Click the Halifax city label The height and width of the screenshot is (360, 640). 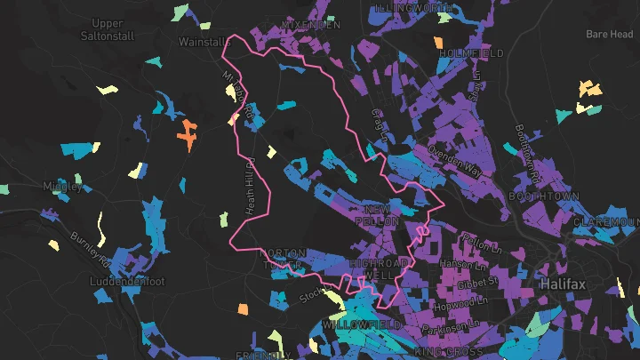point(566,284)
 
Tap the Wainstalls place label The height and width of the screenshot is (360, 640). point(204,42)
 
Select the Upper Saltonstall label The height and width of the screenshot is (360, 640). point(108,28)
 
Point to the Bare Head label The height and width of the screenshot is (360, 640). point(609,35)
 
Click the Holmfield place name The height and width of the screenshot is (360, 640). point(471,53)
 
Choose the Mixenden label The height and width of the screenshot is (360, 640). point(310,25)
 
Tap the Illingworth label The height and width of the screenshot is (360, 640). point(413,7)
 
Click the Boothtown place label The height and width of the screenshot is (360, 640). point(544,196)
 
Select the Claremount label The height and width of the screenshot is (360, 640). point(606,221)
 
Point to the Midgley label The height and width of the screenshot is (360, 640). point(62,186)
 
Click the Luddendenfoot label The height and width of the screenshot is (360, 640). point(128,281)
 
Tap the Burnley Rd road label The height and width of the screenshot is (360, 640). point(91,252)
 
